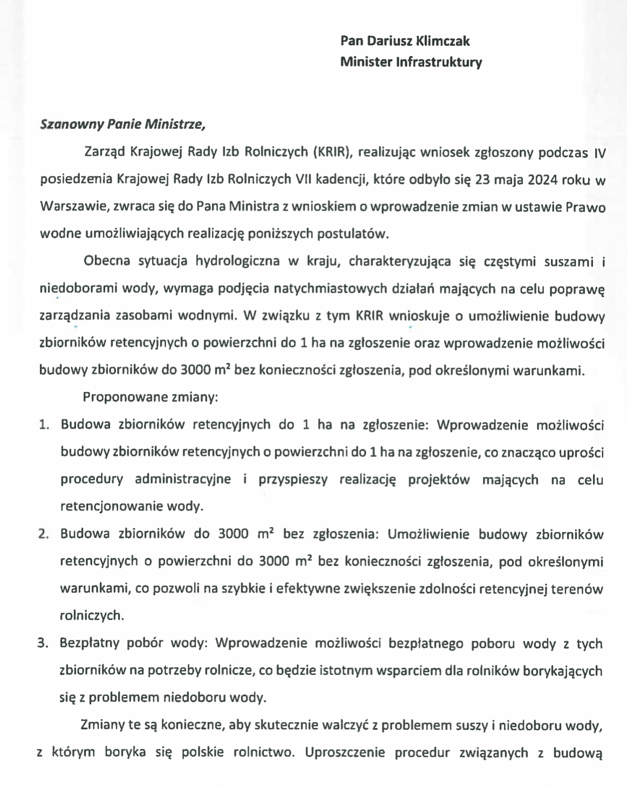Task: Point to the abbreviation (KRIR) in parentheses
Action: pos(331,152)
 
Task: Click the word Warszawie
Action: pos(70,206)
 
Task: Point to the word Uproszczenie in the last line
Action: pos(345,752)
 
